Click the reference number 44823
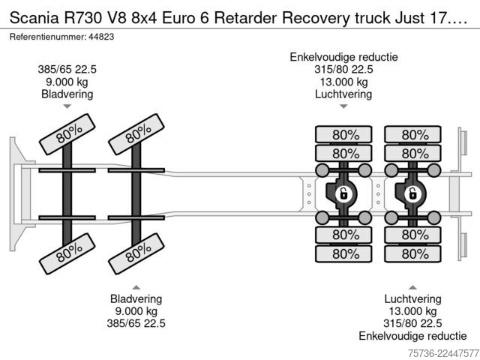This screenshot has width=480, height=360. (101, 37)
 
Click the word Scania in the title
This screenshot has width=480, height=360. (34, 18)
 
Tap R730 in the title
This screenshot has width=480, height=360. (82, 18)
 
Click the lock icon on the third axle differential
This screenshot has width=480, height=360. (343, 194)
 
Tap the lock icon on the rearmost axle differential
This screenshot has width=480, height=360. (412, 194)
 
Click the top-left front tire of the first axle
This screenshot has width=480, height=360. (67, 134)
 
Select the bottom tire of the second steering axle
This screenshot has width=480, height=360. (136, 253)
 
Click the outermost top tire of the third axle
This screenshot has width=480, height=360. (343, 134)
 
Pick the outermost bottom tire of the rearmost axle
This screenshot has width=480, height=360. (412, 253)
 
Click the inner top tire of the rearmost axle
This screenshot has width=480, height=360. (412, 153)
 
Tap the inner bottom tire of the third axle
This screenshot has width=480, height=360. (343, 235)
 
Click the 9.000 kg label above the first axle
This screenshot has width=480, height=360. (67, 82)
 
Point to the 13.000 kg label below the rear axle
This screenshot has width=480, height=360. (412, 311)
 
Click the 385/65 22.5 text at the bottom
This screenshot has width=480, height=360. (136, 323)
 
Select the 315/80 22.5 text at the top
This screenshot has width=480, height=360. (343, 70)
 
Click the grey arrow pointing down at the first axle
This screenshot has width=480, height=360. (67, 106)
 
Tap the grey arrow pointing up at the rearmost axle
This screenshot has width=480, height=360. (412, 287)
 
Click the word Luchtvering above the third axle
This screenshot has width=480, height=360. (343, 94)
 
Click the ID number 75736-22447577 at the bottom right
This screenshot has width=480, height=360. (443, 353)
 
